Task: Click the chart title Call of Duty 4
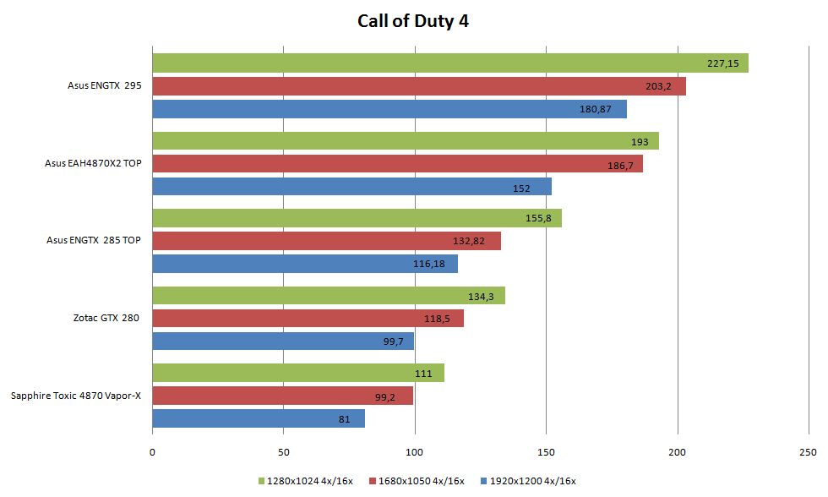pyautogui.click(x=413, y=21)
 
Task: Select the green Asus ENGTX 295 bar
pyautogui.click(x=449, y=63)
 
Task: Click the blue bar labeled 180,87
pyautogui.click(x=389, y=109)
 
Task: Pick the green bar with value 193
pyautogui.click(x=405, y=141)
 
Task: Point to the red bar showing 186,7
pyautogui.click(x=397, y=164)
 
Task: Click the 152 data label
pyautogui.click(x=521, y=188)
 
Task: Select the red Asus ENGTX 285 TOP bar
pyautogui.click(x=326, y=241)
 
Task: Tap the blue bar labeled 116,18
pyautogui.click(x=304, y=264)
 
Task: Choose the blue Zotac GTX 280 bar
pyautogui.click(x=283, y=341)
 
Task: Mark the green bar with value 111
pyautogui.click(x=297, y=373)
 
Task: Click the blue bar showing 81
pyautogui.click(x=258, y=418)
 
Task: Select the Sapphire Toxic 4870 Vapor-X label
pyautogui.click(x=75, y=396)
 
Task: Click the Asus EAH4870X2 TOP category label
pyautogui.click(x=93, y=164)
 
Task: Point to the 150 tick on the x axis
pyautogui.click(x=546, y=453)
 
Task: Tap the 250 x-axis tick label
pyautogui.click(x=809, y=453)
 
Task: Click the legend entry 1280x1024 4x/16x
pyautogui.click(x=308, y=481)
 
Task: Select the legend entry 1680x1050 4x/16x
pyautogui.click(x=420, y=481)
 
